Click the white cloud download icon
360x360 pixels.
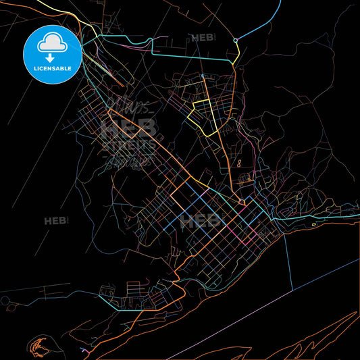52,45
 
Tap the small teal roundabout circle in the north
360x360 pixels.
236,41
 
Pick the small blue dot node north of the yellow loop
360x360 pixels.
202,75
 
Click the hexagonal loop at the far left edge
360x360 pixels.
5,300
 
